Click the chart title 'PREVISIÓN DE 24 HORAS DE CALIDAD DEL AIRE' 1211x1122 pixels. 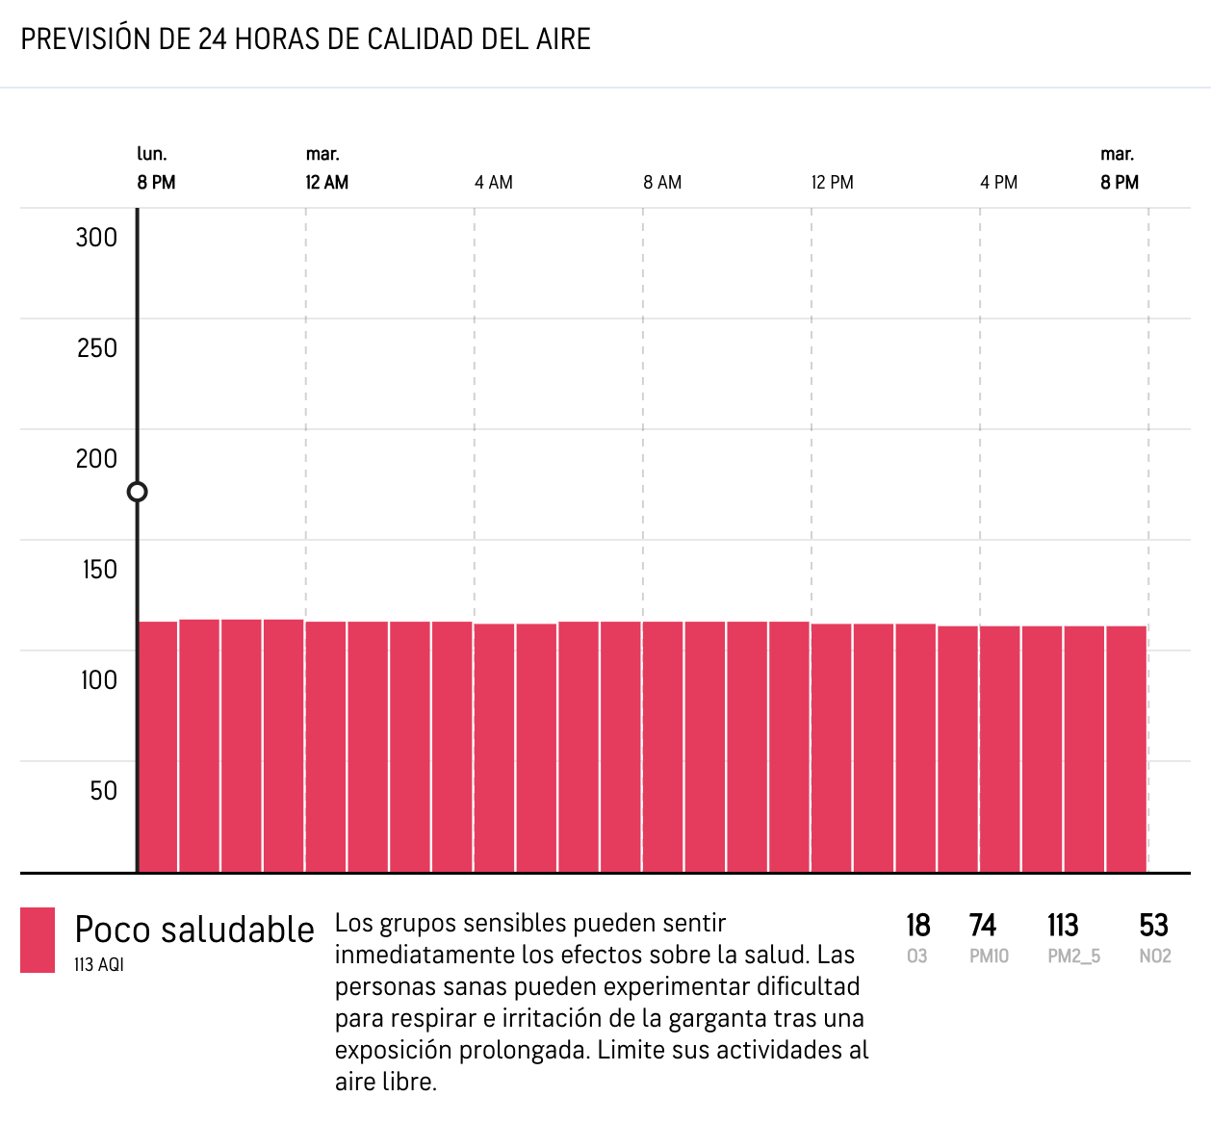[x=306, y=39]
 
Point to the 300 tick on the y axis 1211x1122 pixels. [x=96, y=238]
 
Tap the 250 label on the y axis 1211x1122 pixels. [x=96, y=348]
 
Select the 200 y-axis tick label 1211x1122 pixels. [x=96, y=459]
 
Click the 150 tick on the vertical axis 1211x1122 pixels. [x=99, y=570]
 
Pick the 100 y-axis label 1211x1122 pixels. [x=98, y=680]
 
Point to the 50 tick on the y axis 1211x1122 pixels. [x=103, y=791]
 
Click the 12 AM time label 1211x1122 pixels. [x=327, y=183]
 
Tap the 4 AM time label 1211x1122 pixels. [x=494, y=183]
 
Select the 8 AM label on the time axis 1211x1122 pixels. [x=662, y=183]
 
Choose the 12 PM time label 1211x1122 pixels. [x=832, y=183]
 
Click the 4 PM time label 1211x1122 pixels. [x=999, y=183]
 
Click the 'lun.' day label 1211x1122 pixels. [x=152, y=154]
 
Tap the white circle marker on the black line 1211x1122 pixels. [x=138, y=492]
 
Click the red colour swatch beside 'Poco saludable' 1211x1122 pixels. [x=38, y=940]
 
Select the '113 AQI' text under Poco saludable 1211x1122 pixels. [x=99, y=964]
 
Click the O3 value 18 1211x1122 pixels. [x=917, y=926]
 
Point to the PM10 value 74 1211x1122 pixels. [x=982, y=926]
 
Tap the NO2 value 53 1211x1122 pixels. [x=1153, y=926]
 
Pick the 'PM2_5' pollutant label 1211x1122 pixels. [x=1073, y=956]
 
